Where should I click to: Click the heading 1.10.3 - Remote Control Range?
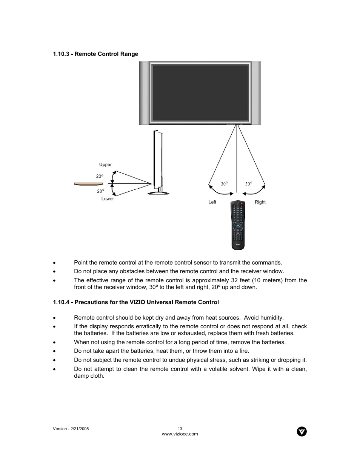95,54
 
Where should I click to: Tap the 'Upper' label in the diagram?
105,165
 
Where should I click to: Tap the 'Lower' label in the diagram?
107,199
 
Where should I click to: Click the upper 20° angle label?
99,176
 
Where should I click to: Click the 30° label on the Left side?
224,184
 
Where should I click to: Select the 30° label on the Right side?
248,184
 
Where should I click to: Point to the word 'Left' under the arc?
212,202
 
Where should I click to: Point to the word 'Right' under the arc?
260,202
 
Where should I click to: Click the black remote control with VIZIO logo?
238,225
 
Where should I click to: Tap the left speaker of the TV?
144,93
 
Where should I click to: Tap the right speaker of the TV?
256,93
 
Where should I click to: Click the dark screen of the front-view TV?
200,92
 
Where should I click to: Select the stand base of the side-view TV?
158,192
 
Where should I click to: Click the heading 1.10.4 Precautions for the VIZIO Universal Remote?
136,302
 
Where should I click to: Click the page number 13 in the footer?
180,429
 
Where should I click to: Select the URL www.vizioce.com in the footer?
180,434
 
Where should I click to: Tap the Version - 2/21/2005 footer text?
71,429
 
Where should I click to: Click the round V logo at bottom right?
302,432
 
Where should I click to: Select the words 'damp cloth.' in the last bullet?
89,376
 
